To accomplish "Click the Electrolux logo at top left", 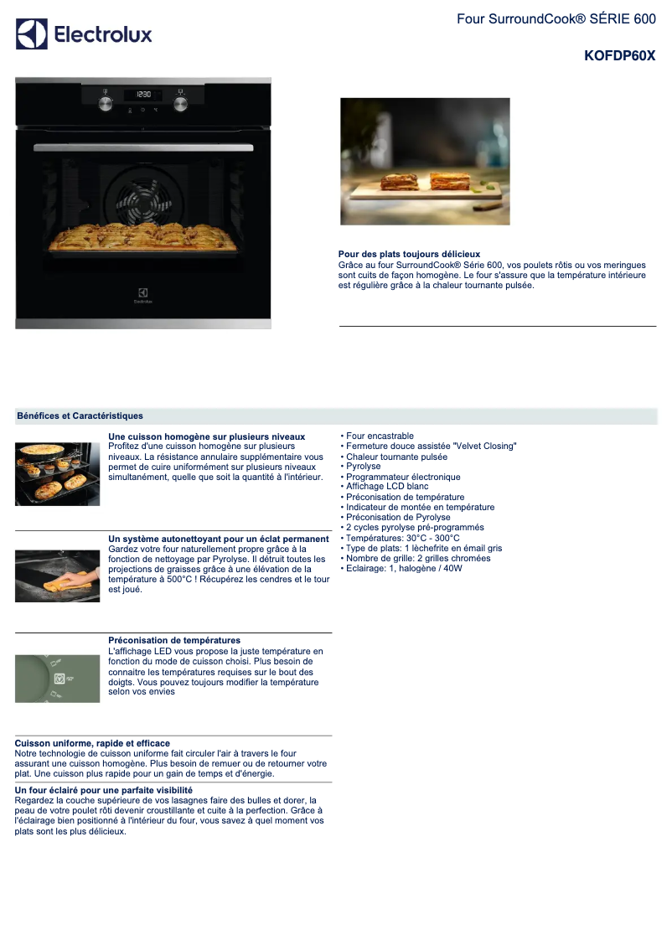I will (x=84, y=34).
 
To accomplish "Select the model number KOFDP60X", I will (x=619, y=56).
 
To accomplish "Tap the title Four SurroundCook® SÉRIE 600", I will (x=556, y=18).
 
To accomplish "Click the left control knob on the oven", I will (x=106, y=103).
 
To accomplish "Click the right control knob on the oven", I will (x=180, y=103).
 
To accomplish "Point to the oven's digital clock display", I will (x=143, y=95).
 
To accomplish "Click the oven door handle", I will (x=143, y=147).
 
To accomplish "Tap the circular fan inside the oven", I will (x=143, y=201).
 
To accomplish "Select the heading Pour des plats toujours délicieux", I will (x=409, y=254).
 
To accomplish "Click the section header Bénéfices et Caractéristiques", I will (x=80, y=416).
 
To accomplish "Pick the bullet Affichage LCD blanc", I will (x=386, y=487).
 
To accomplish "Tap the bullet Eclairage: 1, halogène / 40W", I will (x=404, y=568).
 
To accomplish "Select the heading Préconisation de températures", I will (x=174, y=640).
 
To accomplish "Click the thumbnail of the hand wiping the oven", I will (x=57, y=576).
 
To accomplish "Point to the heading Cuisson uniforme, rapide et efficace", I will (x=92, y=743).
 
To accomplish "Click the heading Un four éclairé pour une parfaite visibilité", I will (x=104, y=790).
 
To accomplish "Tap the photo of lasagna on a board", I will (x=425, y=161).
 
